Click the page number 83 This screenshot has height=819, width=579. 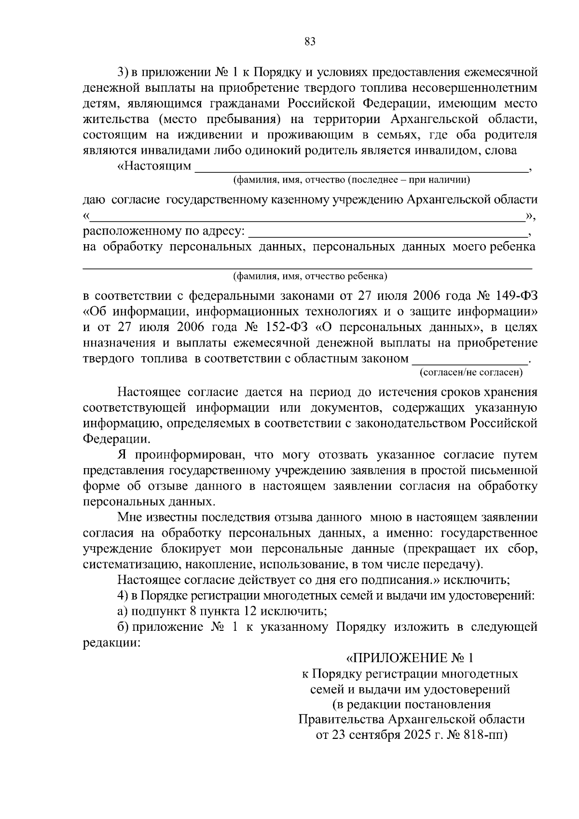tap(310, 42)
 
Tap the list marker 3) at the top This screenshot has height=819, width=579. tap(123, 72)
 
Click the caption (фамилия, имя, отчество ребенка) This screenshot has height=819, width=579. tap(310, 277)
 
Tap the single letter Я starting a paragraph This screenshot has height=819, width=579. tap(122, 455)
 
